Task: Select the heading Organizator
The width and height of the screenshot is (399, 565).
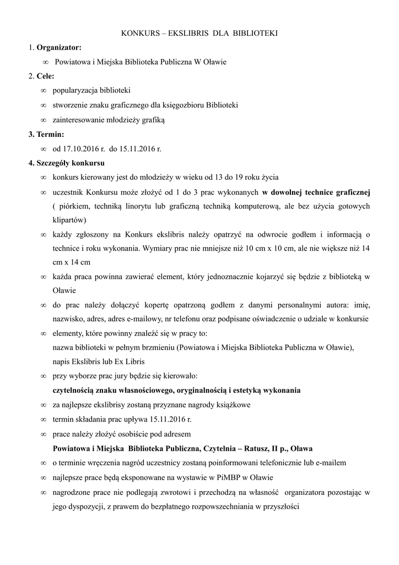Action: click(59, 48)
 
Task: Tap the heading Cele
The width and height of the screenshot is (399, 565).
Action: click(45, 76)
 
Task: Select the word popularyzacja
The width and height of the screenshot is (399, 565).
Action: click(77, 90)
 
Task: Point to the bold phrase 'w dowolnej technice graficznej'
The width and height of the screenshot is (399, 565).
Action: click(316, 192)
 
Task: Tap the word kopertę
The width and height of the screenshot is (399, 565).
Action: click(156, 305)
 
